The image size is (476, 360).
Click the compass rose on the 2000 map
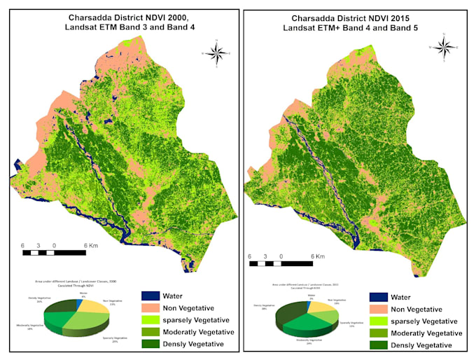[x=218, y=53]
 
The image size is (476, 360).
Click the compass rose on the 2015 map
[x=442, y=47]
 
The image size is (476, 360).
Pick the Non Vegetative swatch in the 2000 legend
[x=152, y=308]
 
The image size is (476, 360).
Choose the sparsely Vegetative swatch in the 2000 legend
[x=152, y=320]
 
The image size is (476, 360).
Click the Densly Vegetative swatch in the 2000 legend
[x=152, y=344]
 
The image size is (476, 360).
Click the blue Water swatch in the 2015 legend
[x=379, y=297]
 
